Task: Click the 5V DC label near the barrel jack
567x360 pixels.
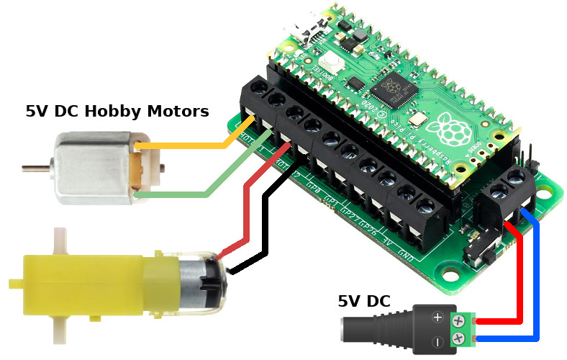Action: click(364, 301)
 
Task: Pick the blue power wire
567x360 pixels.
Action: click(537, 288)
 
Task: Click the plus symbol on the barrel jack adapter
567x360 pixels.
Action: click(437, 317)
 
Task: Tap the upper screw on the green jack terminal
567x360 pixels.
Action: click(458, 319)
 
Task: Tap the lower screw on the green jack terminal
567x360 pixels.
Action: click(458, 338)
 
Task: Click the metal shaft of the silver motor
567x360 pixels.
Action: click(32, 168)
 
